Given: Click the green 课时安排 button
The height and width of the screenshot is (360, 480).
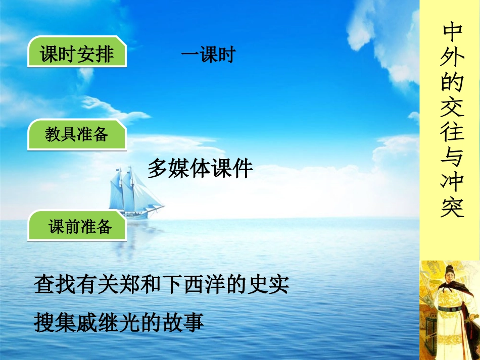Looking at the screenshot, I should tap(77, 54).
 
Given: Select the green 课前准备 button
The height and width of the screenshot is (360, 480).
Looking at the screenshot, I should tap(79, 227).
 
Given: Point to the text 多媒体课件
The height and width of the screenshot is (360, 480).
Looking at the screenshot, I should tap(200, 169).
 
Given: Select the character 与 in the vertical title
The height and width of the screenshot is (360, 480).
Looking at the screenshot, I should tap(452, 158).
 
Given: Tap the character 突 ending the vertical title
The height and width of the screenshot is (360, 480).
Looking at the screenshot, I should tap(452, 207).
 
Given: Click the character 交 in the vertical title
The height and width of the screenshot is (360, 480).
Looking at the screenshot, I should tap(452, 107).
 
